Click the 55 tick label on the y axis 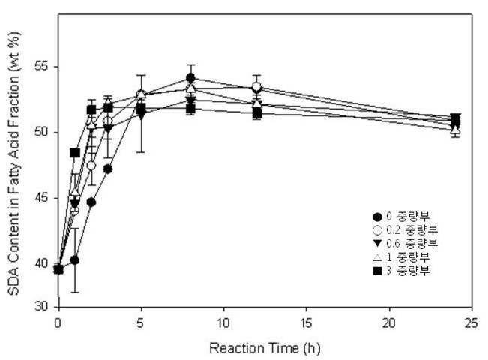point(41,67)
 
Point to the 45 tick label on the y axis point(41,198)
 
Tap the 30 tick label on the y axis point(41,307)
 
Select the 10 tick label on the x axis point(223,323)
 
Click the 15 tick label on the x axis point(307,323)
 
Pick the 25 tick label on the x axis point(471,323)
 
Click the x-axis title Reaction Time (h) point(265,348)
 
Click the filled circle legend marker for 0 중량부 point(377,217)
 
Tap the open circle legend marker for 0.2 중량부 point(377,230)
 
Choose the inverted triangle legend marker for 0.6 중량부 point(377,244)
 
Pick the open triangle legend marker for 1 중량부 point(377,257)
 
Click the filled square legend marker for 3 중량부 point(377,271)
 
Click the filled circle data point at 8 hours point(191,77)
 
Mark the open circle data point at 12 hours point(257,86)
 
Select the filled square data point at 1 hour point(75,153)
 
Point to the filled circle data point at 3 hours point(108,169)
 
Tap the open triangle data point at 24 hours point(455,129)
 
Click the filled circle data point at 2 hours point(91,202)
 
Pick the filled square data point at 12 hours point(257,113)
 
